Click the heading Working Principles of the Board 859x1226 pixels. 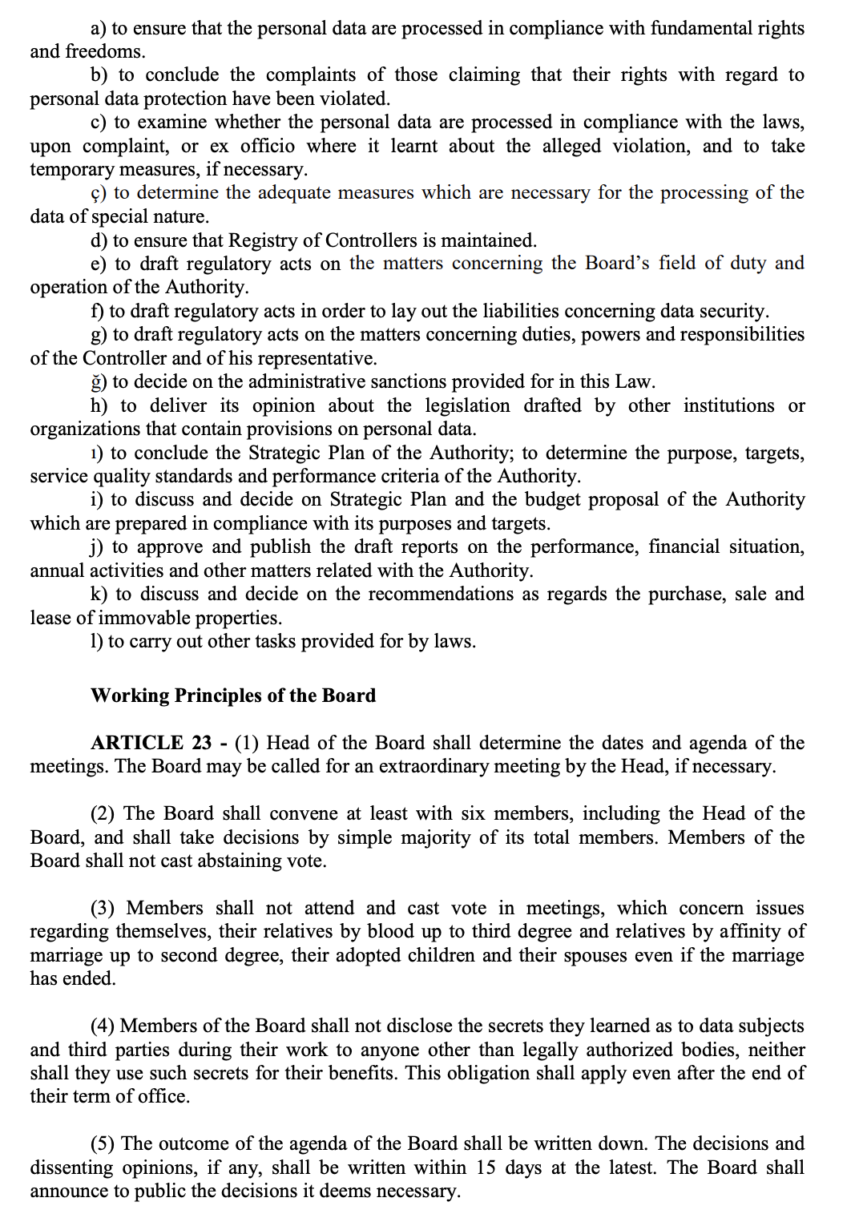coord(233,696)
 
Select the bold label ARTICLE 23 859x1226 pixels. coord(151,743)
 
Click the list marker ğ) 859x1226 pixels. coord(99,381)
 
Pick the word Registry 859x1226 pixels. coord(260,240)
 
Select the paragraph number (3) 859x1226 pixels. coord(102,908)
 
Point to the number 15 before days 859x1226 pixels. coord(486,1168)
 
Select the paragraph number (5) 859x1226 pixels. coord(102,1143)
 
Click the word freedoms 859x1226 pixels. coord(105,52)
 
